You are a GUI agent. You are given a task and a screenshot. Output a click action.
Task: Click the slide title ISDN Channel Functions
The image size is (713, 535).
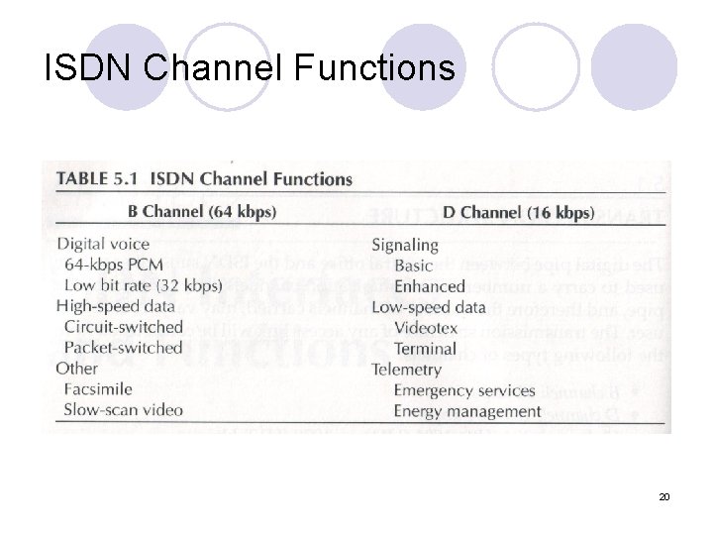[251, 67]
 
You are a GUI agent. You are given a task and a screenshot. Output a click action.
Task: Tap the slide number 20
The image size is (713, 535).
[664, 494]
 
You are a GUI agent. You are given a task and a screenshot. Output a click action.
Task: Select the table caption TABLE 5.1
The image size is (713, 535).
[97, 179]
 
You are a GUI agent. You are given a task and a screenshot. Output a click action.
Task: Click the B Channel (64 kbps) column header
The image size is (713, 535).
[202, 211]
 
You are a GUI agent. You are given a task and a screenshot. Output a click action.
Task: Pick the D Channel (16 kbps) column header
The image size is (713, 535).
[518, 212]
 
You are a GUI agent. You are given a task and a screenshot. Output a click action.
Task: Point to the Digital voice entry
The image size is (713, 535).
[104, 244]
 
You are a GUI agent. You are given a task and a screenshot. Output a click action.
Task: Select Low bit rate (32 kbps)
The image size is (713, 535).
[143, 285]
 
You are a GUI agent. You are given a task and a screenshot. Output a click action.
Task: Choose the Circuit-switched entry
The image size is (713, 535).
[123, 327]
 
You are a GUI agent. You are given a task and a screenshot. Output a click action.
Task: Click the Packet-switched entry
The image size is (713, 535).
[123, 348]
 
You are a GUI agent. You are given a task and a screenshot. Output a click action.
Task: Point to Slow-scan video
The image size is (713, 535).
[123, 409]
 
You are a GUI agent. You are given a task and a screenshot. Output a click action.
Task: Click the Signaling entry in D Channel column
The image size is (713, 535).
[404, 245]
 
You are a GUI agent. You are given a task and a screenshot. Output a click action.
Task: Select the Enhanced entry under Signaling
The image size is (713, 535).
[429, 286]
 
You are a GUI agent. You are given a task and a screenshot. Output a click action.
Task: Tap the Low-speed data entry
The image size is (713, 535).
[428, 307]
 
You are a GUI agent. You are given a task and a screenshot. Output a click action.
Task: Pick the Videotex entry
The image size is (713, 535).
[427, 328]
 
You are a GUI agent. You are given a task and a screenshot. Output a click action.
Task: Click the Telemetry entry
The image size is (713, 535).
[406, 370]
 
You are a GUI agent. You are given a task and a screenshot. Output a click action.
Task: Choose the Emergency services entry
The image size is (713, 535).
[464, 390]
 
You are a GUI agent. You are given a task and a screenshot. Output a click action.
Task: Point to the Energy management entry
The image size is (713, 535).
[467, 411]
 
